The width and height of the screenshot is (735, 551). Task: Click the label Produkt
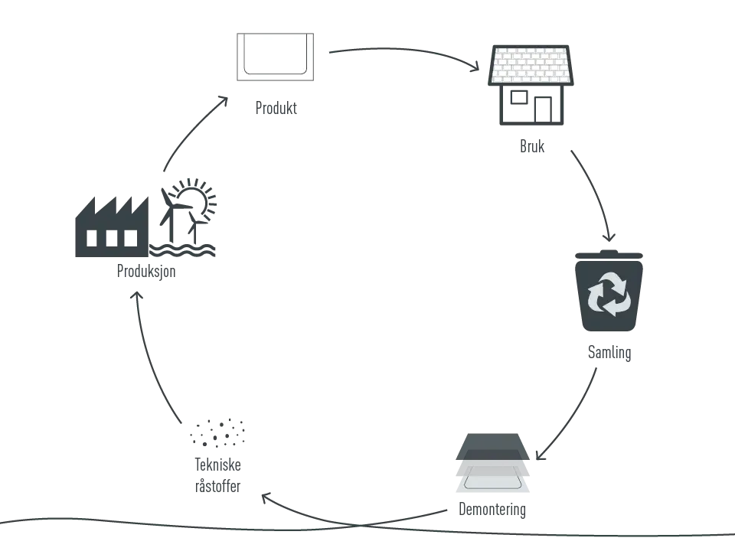tap(276, 108)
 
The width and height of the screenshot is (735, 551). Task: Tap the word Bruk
tap(532, 146)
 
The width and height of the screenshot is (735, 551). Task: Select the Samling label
tap(609, 353)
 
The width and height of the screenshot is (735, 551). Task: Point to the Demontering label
tap(492, 510)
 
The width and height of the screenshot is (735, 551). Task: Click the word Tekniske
tap(218, 465)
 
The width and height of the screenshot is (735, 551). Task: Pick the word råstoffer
tap(218, 486)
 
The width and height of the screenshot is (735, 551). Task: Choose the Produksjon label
tap(146, 271)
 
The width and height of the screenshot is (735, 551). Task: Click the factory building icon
tap(112, 227)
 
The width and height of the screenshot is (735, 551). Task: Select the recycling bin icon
tap(609, 291)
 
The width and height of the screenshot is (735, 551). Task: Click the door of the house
tap(543, 109)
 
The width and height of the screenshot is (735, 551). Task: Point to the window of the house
tap(519, 97)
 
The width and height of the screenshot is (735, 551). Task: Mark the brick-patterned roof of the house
tap(531, 65)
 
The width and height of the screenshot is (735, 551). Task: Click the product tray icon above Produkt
tap(275, 57)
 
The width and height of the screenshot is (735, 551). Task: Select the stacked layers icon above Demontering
tap(492, 463)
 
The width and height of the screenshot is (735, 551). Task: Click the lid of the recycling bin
tap(609, 255)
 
